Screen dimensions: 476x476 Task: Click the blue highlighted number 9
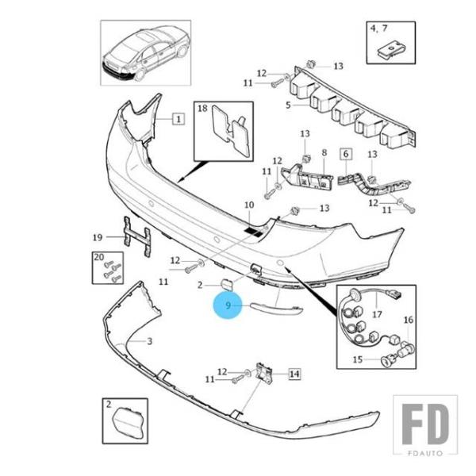pyautogui.click(x=228, y=305)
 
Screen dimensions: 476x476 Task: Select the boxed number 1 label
pyautogui.click(x=178, y=119)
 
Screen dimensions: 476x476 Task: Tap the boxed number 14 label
pyautogui.click(x=294, y=374)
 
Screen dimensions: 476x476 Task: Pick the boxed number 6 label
pyautogui.click(x=346, y=154)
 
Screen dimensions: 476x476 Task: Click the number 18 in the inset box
pyautogui.click(x=202, y=109)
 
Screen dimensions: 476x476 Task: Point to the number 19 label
pyautogui.click(x=98, y=237)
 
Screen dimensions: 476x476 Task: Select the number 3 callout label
pyautogui.click(x=150, y=341)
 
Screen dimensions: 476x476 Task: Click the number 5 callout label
pyautogui.click(x=288, y=106)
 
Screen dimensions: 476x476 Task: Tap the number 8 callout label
pyautogui.click(x=324, y=152)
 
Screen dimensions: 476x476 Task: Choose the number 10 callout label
pyautogui.click(x=249, y=205)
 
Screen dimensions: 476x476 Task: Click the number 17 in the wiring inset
pyautogui.click(x=377, y=314)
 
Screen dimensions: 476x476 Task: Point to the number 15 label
pyautogui.click(x=358, y=359)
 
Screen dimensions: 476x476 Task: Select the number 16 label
pyautogui.click(x=409, y=320)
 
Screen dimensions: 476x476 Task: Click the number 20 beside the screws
pyautogui.click(x=99, y=257)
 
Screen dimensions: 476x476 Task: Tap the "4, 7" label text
pyautogui.click(x=379, y=29)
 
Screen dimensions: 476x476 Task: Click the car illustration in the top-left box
pyautogui.click(x=146, y=53)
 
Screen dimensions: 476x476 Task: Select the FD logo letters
pyautogui.click(x=425, y=424)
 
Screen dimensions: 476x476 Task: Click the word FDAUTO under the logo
pyautogui.click(x=425, y=453)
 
